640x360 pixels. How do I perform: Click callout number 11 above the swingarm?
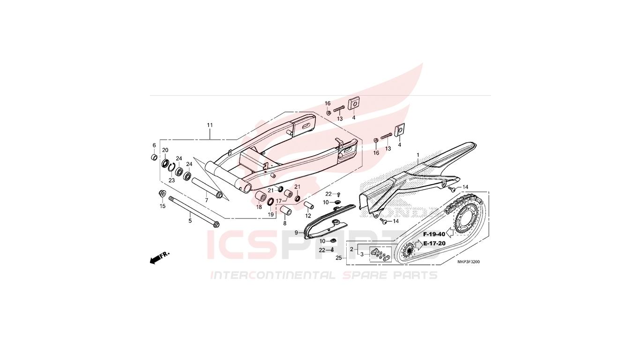point(210,125)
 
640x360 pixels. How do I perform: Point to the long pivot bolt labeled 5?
point(194,211)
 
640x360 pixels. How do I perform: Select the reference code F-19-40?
point(434,234)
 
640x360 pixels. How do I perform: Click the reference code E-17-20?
point(434,244)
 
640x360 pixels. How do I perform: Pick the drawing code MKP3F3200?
point(469,262)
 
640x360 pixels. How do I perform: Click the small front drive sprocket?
point(409,252)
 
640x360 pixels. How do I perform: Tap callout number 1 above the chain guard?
point(418,155)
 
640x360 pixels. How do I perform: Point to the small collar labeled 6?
point(154,157)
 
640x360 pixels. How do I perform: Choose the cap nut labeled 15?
point(162,193)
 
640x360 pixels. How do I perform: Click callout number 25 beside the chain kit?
point(339,258)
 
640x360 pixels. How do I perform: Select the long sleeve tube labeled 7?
point(207,188)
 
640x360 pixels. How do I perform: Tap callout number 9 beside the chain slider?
point(297,232)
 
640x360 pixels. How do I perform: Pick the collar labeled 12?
point(309,206)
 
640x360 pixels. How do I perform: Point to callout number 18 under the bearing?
point(259,207)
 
